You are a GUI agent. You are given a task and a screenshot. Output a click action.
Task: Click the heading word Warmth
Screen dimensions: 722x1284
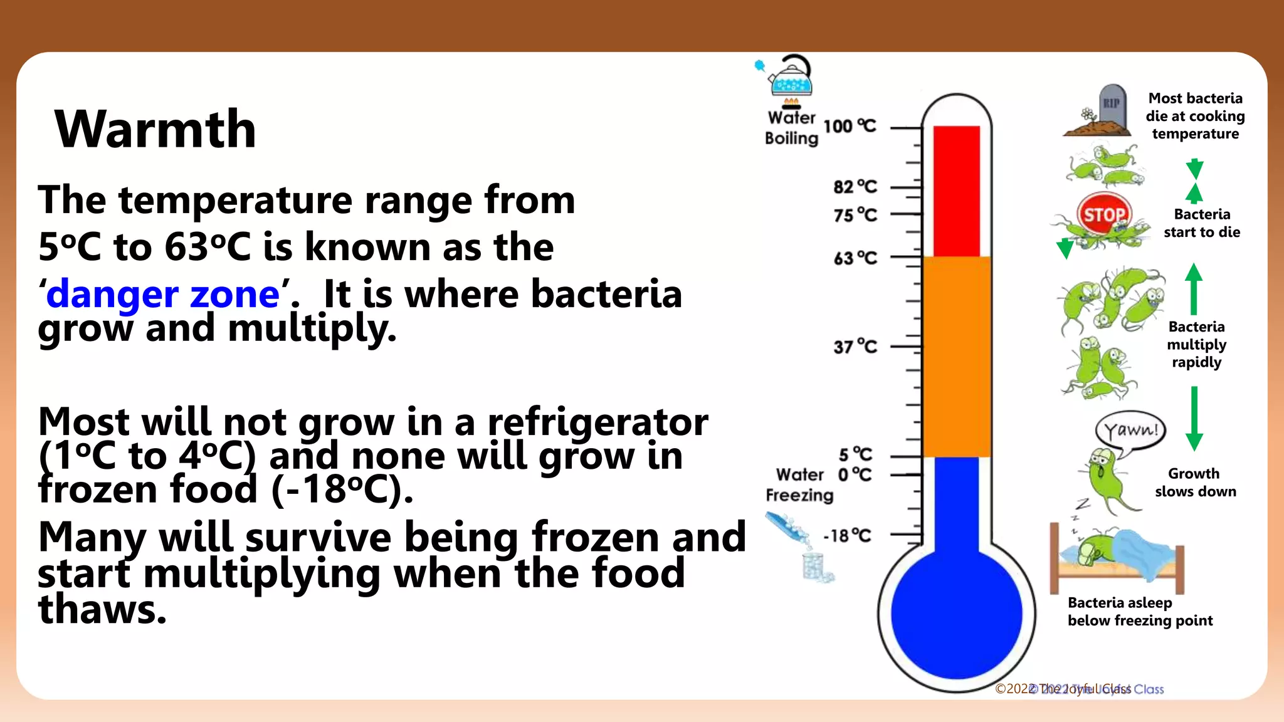[155, 129]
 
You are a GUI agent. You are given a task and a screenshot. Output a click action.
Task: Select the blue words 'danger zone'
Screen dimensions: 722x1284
[163, 295]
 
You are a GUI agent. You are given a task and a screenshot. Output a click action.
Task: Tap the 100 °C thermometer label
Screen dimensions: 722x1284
[850, 126]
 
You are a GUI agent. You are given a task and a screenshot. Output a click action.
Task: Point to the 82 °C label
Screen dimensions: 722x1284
[855, 187]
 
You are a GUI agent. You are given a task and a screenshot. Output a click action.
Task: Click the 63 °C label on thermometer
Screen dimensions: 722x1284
[855, 258]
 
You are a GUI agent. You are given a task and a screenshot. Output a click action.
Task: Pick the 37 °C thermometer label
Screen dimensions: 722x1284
[855, 347]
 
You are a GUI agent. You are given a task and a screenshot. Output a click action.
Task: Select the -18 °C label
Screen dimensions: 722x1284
[847, 536]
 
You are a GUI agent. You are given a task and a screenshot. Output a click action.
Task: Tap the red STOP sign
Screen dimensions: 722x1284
[1104, 214]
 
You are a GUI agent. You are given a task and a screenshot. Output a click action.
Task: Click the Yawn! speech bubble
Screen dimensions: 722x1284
[1130, 431]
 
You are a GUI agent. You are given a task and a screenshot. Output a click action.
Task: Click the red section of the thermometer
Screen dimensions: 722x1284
[956, 191]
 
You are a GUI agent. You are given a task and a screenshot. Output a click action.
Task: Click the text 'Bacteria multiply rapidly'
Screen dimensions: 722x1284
[1196, 345]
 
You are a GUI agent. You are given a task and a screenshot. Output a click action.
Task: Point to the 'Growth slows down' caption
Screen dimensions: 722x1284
[1195, 483]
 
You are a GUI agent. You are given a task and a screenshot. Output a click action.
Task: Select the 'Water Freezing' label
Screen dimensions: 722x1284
[799, 485]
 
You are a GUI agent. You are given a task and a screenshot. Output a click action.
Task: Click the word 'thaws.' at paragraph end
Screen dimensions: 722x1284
[102, 610]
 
